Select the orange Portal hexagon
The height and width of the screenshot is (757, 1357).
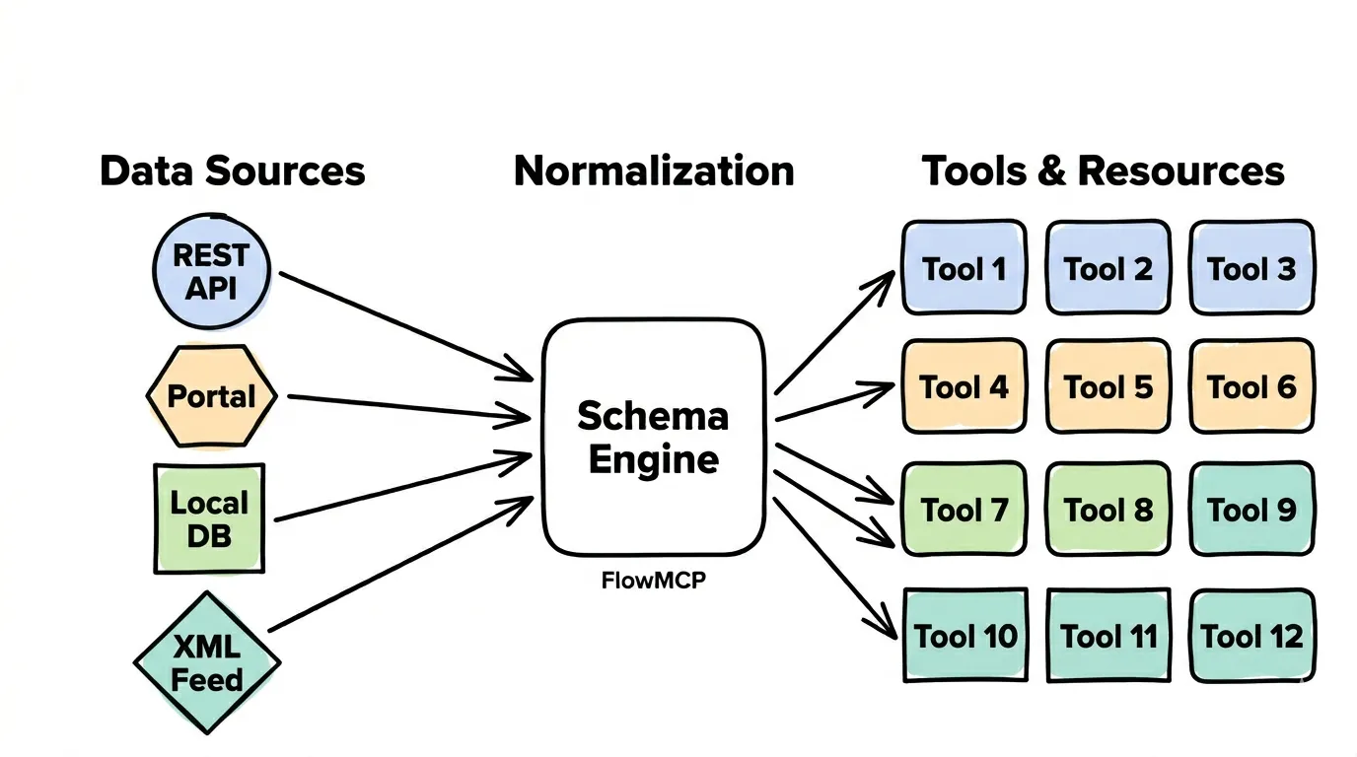(x=211, y=396)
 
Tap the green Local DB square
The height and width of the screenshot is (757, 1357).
(x=209, y=518)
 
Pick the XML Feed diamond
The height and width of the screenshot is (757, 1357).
(x=208, y=662)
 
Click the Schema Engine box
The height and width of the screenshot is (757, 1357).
(x=653, y=437)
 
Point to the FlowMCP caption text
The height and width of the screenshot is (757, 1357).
(x=653, y=581)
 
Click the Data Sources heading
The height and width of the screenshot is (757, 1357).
(x=233, y=171)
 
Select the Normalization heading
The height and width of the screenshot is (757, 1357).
(x=654, y=171)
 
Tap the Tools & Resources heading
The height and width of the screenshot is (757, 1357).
(x=1104, y=171)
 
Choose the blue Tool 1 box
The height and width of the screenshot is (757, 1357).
(x=964, y=268)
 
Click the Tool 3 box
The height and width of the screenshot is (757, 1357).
(x=1251, y=268)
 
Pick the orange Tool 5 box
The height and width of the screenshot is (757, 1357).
(x=1107, y=386)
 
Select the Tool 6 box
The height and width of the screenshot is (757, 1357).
(x=1251, y=386)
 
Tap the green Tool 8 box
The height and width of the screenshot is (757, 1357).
(x=1107, y=510)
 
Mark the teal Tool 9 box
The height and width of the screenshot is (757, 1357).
(x=1251, y=510)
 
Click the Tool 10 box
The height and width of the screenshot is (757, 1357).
(x=965, y=636)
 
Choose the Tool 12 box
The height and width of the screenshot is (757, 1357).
(x=1251, y=636)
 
